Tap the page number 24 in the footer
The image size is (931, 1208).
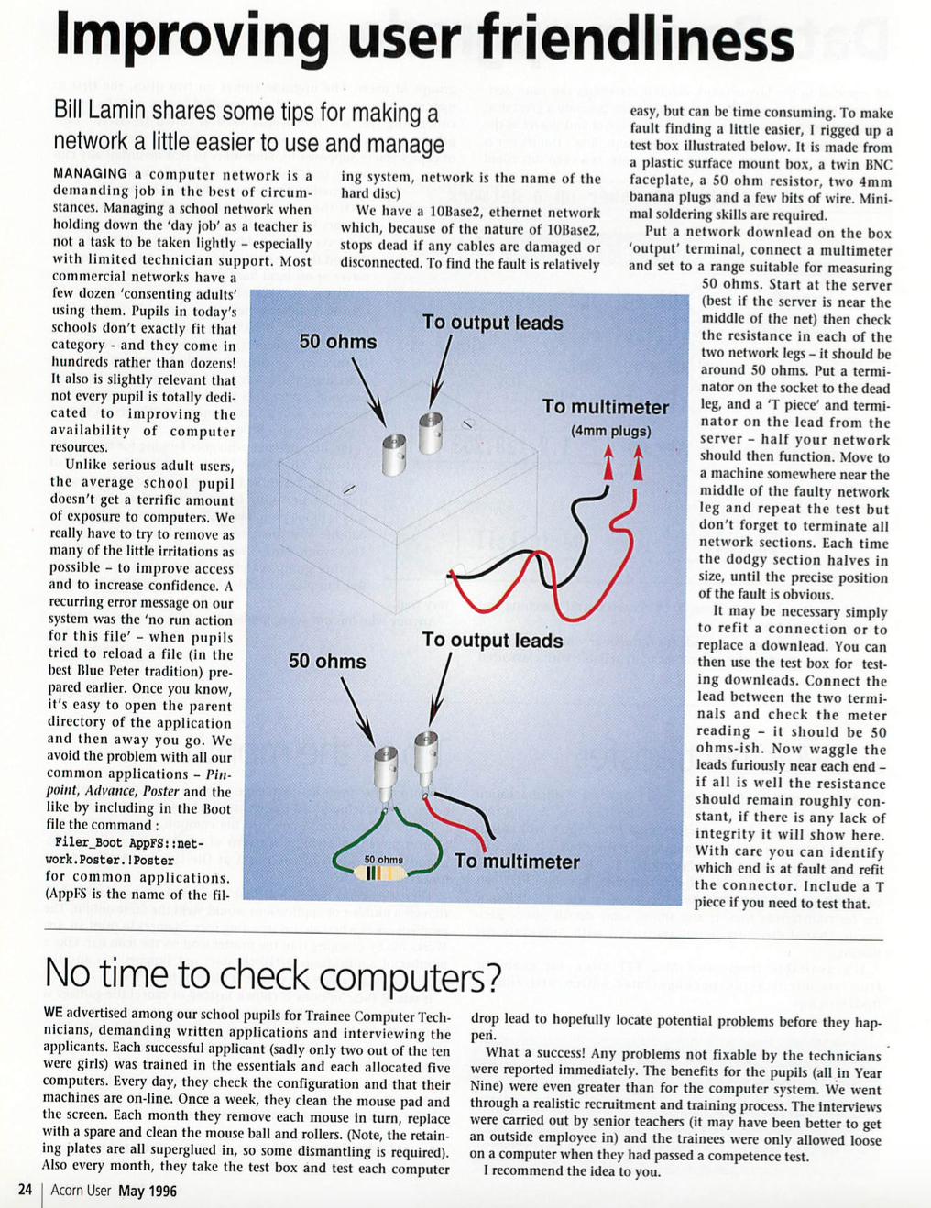tap(25, 1190)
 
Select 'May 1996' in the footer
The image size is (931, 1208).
tap(148, 1191)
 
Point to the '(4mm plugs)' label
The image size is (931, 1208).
tap(610, 431)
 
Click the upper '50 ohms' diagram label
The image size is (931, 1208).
tap(337, 342)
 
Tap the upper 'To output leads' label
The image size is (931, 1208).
tap(492, 323)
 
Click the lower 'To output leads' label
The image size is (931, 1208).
tap(492, 641)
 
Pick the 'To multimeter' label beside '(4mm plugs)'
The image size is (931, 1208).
tap(605, 406)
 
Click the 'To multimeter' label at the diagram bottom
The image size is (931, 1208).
tap(517, 862)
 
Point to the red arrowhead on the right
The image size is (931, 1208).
tap(638, 464)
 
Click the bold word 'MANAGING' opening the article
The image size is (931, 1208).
tap(90, 174)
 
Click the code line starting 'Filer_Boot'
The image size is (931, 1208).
tap(128, 842)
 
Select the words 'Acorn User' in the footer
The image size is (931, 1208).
tap(81, 1191)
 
